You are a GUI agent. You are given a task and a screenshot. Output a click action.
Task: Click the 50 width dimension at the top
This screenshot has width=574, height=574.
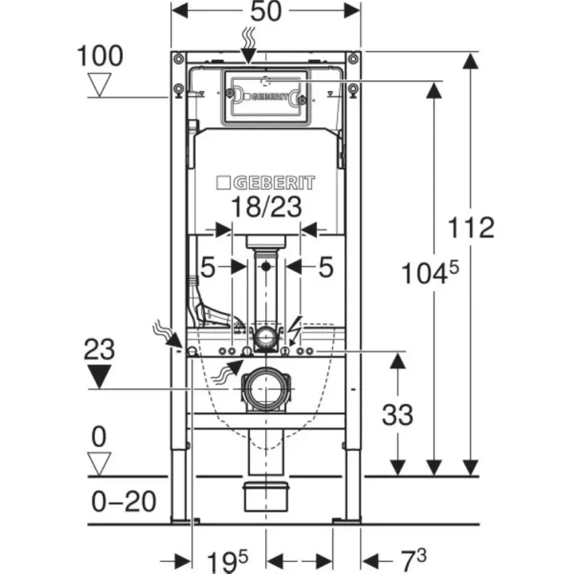267,13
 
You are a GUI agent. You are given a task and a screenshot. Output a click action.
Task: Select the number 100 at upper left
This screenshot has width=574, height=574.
100,56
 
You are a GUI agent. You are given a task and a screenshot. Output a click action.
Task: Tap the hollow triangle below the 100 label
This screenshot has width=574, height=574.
100,86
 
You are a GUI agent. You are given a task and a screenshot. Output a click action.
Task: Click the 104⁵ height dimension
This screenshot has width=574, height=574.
430,274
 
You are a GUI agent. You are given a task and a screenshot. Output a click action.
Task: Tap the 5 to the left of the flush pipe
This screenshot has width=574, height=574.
208,268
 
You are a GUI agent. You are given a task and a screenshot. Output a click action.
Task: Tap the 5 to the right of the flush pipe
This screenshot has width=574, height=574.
325,268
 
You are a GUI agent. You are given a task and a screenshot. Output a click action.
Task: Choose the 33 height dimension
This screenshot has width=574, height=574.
398,415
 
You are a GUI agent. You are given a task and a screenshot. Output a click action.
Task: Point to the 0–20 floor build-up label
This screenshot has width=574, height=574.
124,501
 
